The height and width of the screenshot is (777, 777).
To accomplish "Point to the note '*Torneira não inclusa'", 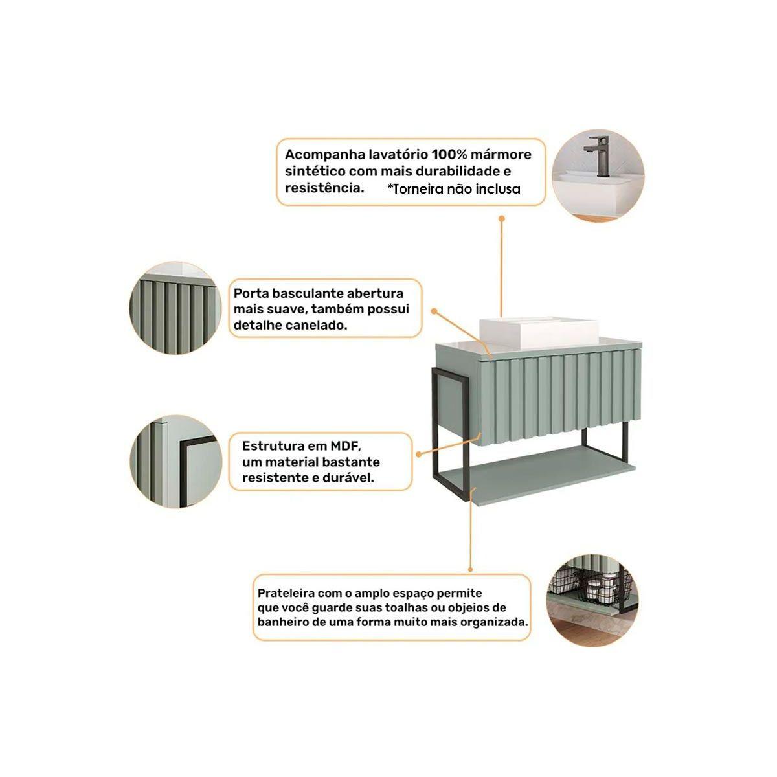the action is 454,188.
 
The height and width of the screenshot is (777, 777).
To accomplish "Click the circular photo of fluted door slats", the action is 175,308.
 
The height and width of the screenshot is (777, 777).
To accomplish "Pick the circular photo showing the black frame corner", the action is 176,461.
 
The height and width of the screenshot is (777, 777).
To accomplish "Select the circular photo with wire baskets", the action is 592,598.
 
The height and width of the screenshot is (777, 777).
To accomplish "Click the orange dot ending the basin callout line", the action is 502,219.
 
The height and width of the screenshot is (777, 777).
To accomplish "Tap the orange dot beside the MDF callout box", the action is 418,455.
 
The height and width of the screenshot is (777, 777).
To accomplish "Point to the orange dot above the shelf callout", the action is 470,569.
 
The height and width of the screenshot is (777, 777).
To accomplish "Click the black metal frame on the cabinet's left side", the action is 436,433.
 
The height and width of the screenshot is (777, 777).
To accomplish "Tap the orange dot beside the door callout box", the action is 434,311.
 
